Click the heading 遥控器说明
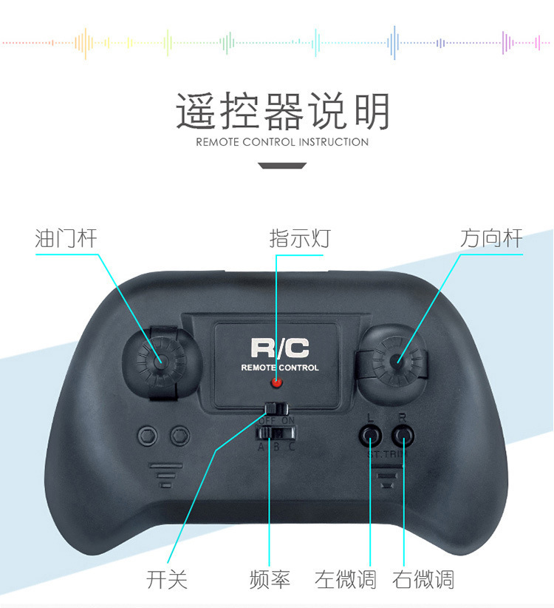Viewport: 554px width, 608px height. point(282,111)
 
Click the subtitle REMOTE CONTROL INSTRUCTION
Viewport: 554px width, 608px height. point(282,142)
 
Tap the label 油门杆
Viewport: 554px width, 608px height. point(66,238)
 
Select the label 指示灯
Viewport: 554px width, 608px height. point(299,238)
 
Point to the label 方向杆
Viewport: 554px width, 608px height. point(491,238)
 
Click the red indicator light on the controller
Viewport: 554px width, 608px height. point(276,383)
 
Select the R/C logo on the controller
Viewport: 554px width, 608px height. point(279,348)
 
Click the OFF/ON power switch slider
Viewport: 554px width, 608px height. point(275,408)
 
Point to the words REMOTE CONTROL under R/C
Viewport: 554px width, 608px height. point(280,368)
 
